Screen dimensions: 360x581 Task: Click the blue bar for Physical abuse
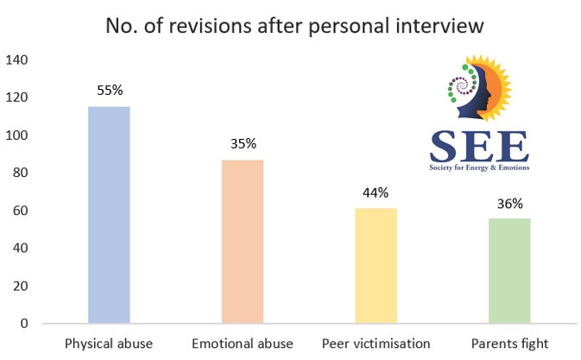(108, 215)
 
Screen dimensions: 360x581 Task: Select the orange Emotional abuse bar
(243, 242)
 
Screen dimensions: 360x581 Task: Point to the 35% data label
(243, 143)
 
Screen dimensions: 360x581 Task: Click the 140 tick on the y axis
(18, 60)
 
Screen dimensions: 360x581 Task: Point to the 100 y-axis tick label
(18, 136)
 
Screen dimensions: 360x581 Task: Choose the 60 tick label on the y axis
(22, 211)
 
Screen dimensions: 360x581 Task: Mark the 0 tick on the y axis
(25, 324)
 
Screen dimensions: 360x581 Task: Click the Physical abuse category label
(108, 344)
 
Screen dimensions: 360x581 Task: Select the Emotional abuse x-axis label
(243, 344)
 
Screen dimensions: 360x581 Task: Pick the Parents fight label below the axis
(509, 344)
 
